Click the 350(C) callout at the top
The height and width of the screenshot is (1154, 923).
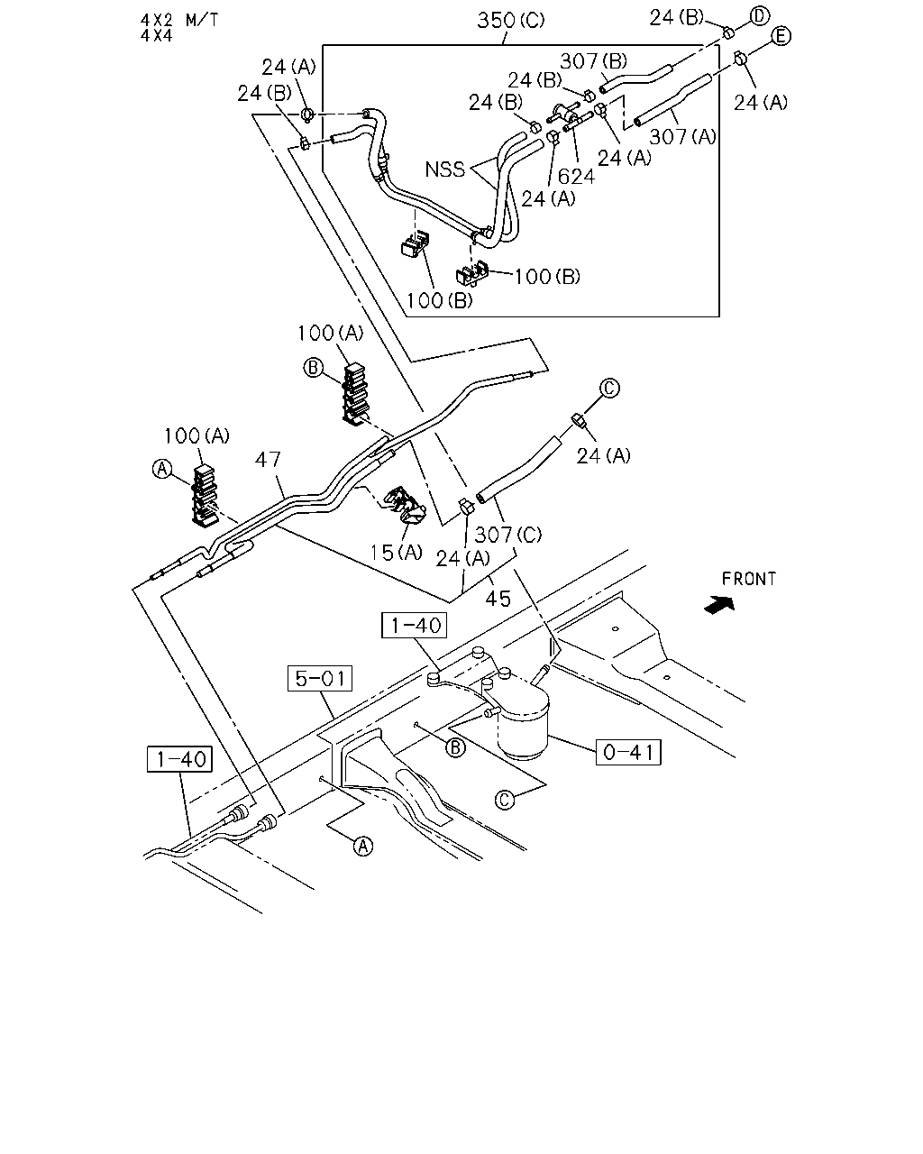510,21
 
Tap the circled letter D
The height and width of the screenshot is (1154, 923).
759,16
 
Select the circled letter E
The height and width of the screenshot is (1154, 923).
781,36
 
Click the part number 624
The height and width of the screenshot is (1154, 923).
576,176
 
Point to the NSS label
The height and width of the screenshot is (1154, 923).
444,169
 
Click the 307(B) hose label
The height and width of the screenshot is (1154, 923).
594,61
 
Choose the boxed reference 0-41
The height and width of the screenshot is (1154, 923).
628,752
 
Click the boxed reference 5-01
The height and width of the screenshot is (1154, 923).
320,678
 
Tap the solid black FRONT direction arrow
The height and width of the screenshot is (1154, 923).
719,606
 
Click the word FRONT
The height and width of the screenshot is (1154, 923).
749,579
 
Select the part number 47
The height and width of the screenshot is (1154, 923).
268,459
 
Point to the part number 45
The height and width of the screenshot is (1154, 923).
498,599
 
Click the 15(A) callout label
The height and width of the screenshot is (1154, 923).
397,553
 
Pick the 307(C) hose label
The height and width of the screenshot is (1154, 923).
507,534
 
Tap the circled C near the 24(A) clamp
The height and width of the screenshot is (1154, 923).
609,388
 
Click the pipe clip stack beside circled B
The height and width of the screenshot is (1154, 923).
354,394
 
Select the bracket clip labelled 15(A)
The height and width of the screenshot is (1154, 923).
406,505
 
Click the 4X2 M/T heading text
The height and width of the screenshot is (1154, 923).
179,20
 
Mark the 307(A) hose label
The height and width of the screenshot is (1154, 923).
682,137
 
